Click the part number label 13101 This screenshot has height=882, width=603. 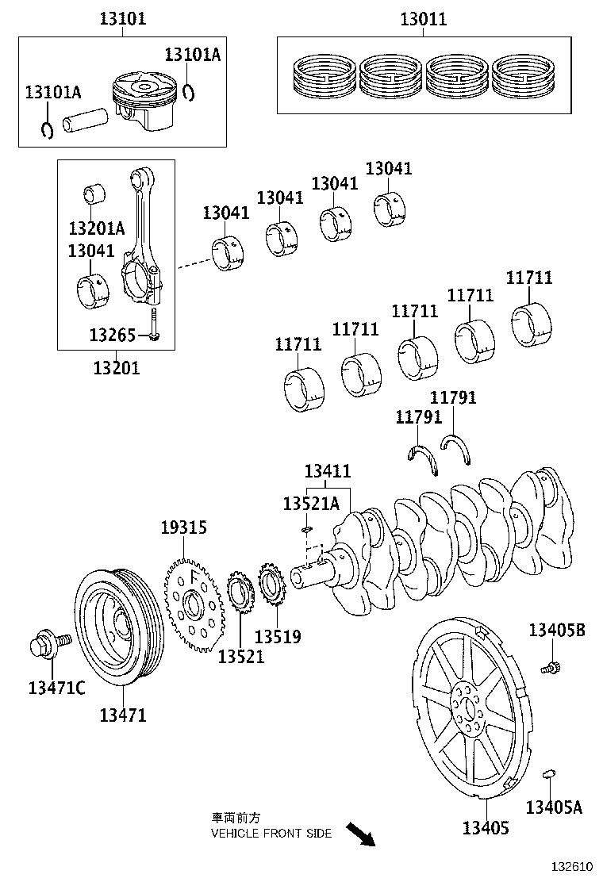click(122, 18)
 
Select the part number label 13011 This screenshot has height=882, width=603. click(423, 18)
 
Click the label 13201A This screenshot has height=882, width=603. click(96, 228)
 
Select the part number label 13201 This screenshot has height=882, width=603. click(116, 367)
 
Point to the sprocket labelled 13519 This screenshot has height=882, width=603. click(272, 590)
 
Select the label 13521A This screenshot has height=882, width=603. click(311, 504)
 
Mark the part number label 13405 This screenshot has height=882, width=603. click(486, 828)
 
